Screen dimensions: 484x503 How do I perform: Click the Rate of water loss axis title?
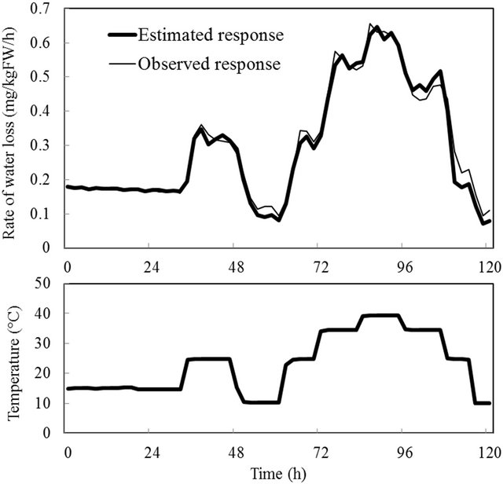15,130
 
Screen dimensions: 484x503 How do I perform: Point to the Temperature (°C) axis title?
15,356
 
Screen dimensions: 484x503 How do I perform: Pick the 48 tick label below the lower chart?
235,451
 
